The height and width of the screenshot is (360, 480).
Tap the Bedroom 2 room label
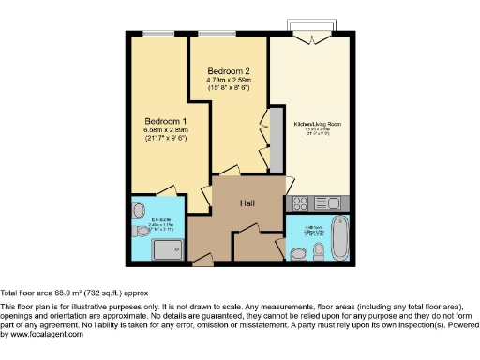coord(229,71)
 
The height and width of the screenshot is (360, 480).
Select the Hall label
coord(248,203)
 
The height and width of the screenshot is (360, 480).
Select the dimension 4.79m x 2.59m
coord(229,81)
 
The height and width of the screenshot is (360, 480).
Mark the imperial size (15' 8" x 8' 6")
coord(229,89)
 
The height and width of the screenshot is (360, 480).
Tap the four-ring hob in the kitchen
coord(304,202)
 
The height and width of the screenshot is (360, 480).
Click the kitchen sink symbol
coord(333,202)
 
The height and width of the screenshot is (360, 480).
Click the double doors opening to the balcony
coord(311,38)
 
